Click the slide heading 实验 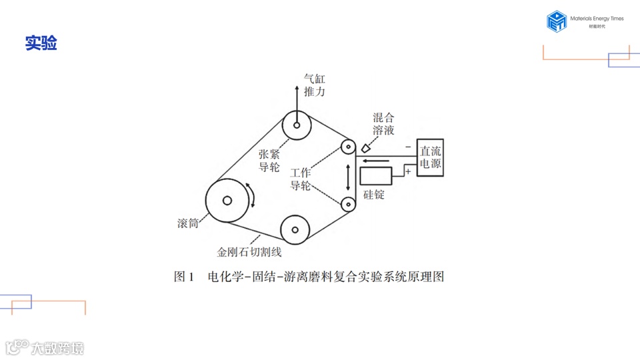[x=41, y=43]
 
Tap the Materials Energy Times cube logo [x=556, y=21]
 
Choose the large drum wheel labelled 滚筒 [x=227, y=200]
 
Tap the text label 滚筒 [x=188, y=223]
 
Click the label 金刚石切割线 [x=249, y=252]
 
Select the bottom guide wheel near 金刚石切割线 [x=295, y=230]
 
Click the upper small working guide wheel [x=347, y=147]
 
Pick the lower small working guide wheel [x=347, y=203]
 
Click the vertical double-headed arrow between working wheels [x=347, y=175]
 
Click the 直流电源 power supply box [x=430, y=158]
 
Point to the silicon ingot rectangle [x=376, y=175]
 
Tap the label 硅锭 [x=374, y=195]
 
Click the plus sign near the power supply [x=408, y=172]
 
